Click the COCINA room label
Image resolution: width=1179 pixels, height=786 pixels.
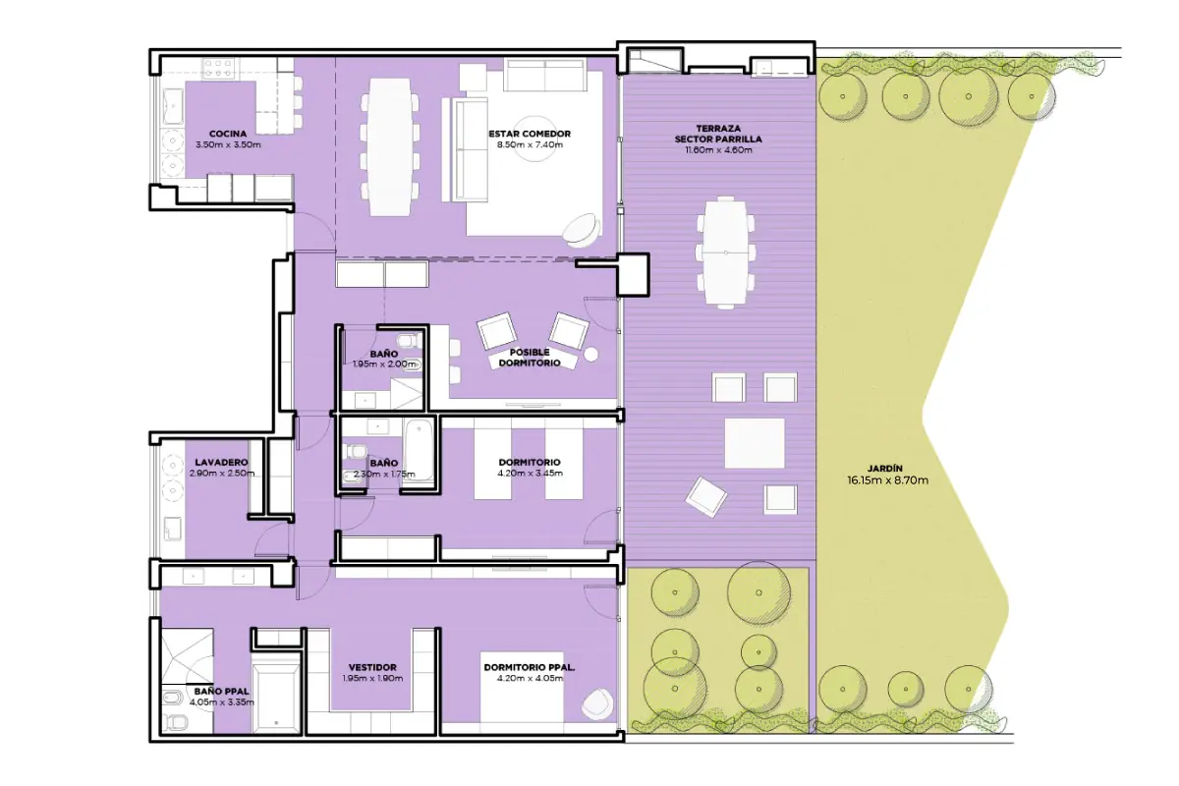(227, 134)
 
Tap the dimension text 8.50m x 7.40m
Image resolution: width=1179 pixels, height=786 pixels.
(530, 144)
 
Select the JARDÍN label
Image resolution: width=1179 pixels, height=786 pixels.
(887, 468)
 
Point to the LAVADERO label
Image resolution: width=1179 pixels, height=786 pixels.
(221, 462)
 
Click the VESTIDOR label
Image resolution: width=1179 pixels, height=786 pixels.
(372, 667)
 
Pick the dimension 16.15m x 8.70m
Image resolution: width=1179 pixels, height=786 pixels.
(887, 480)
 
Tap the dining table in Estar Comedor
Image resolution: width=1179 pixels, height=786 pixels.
(389, 147)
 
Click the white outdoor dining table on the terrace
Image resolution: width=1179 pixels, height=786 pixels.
(726, 253)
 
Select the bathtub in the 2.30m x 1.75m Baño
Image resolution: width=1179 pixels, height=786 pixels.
(419, 450)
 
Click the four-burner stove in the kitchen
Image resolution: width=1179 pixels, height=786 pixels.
(218, 68)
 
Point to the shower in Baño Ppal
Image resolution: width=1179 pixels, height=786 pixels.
(187, 656)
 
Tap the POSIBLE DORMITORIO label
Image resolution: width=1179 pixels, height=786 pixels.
(530, 358)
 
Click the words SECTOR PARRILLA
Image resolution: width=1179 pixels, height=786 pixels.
(718, 140)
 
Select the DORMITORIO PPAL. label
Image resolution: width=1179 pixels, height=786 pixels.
(530, 667)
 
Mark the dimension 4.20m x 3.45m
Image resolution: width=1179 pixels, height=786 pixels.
(530, 474)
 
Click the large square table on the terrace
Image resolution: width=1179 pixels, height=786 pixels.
(755, 443)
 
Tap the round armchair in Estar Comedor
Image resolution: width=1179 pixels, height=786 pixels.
(581, 230)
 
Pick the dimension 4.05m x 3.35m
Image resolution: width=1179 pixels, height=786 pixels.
(222, 702)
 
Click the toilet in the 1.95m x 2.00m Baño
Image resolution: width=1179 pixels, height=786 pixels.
(410, 339)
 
